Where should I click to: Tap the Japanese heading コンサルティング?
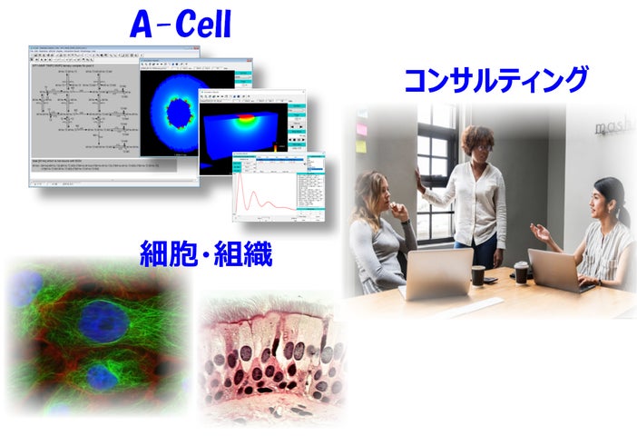coord(495,80)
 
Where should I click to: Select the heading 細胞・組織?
coord(207,253)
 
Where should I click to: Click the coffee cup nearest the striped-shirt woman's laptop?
coord(522,272)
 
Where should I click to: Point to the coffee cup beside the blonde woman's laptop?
coord(478,275)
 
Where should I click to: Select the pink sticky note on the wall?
coord(360,129)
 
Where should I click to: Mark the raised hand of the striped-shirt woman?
coord(541,233)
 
